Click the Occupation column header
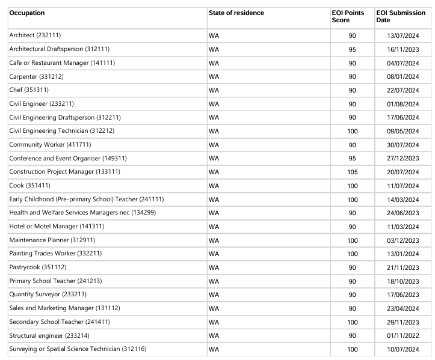pos(27,13)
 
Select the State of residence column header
pos(236,13)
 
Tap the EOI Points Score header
pos(348,17)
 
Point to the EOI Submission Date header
pos(400,17)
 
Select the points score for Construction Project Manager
pos(352,172)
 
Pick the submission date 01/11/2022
pos(403,335)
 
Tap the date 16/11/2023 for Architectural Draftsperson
pos(403,49)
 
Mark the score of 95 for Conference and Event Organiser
pos(352,159)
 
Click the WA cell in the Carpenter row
pos(214,76)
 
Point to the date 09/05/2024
pos(403,131)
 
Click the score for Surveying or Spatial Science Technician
pos(352,349)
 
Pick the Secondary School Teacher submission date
pos(403,322)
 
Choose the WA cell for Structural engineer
pos(214,335)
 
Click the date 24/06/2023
pos(403,213)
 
